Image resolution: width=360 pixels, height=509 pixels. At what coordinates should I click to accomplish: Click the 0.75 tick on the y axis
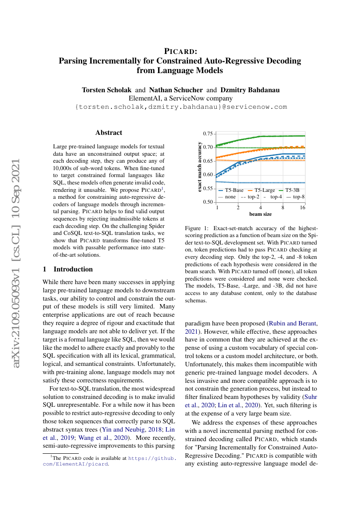pyautogui.click(x=209, y=133)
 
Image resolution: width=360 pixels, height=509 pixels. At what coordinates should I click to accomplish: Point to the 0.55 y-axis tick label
pyautogui.click(x=209, y=188)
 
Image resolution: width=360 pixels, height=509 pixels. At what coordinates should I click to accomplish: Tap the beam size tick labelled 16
pyautogui.click(x=303, y=208)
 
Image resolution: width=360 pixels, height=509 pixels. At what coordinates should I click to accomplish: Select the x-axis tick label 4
pyautogui.click(x=260, y=208)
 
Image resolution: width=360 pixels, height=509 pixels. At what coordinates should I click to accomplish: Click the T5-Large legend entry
pyautogui.click(x=261, y=191)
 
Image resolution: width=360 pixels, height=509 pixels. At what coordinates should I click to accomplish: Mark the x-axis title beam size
pyautogui.click(x=260, y=214)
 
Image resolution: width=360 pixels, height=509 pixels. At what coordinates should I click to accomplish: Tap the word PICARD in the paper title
pyautogui.click(x=180, y=51)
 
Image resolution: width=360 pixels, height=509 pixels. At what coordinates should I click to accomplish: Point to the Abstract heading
pyautogui.click(x=109, y=133)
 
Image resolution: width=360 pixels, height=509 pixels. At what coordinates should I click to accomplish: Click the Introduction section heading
pyautogui.click(x=73, y=269)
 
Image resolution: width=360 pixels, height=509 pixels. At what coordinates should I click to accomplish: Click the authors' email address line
pyautogui.click(x=181, y=107)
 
